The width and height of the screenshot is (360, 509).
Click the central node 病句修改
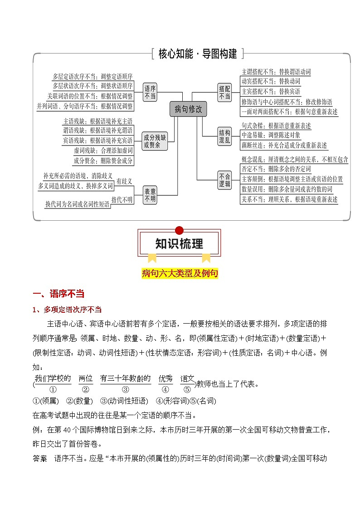pyautogui.click(x=188, y=109)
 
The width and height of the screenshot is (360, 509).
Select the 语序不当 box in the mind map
pyautogui.click(x=150, y=92)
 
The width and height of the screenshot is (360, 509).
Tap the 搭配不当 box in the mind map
pyautogui.click(x=224, y=92)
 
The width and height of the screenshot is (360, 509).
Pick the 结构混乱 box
pyautogui.click(x=224, y=136)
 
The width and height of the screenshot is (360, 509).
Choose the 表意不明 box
pyautogui.click(x=150, y=195)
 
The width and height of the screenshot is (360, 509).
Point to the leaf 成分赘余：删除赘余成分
pyautogui.click(x=103, y=160)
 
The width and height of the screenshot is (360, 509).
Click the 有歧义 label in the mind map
pyautogui.click(x=124, y=181)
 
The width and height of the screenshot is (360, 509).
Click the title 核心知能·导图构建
pyautogui.click(x=198, y=54)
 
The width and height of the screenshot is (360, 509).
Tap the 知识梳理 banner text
pyautogui.click(x=179, y=244)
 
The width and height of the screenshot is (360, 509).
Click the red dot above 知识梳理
pyautogui.click(x=179, y=230)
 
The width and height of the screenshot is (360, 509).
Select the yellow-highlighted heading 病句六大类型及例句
pyautogui.click(x=180, y=273)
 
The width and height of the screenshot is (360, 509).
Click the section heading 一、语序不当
pyautogui.click(x=59, y=294)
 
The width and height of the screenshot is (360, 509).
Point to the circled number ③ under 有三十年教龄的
pyautogui.click(x=126, y=389)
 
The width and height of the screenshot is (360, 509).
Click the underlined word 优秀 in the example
pyautogui.click(x=165, y=378)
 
